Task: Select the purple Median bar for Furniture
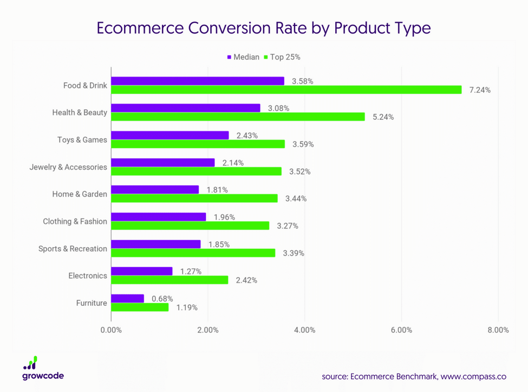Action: [x=128, y=298]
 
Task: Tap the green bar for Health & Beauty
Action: [x=238, y=117]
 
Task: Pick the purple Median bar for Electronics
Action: [x=142, y=271]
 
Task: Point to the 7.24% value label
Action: [x=480, y=90]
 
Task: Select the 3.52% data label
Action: [x=300, y=171]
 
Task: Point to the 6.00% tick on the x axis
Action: [x=401, y=330]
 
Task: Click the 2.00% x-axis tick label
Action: [x=208, y=330]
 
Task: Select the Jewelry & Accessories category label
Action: [x=68, y=167]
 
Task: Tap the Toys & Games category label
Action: [x=82, y=140]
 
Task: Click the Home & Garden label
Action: [x=80, y=194]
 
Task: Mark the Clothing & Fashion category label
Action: [x=75, y=221]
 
